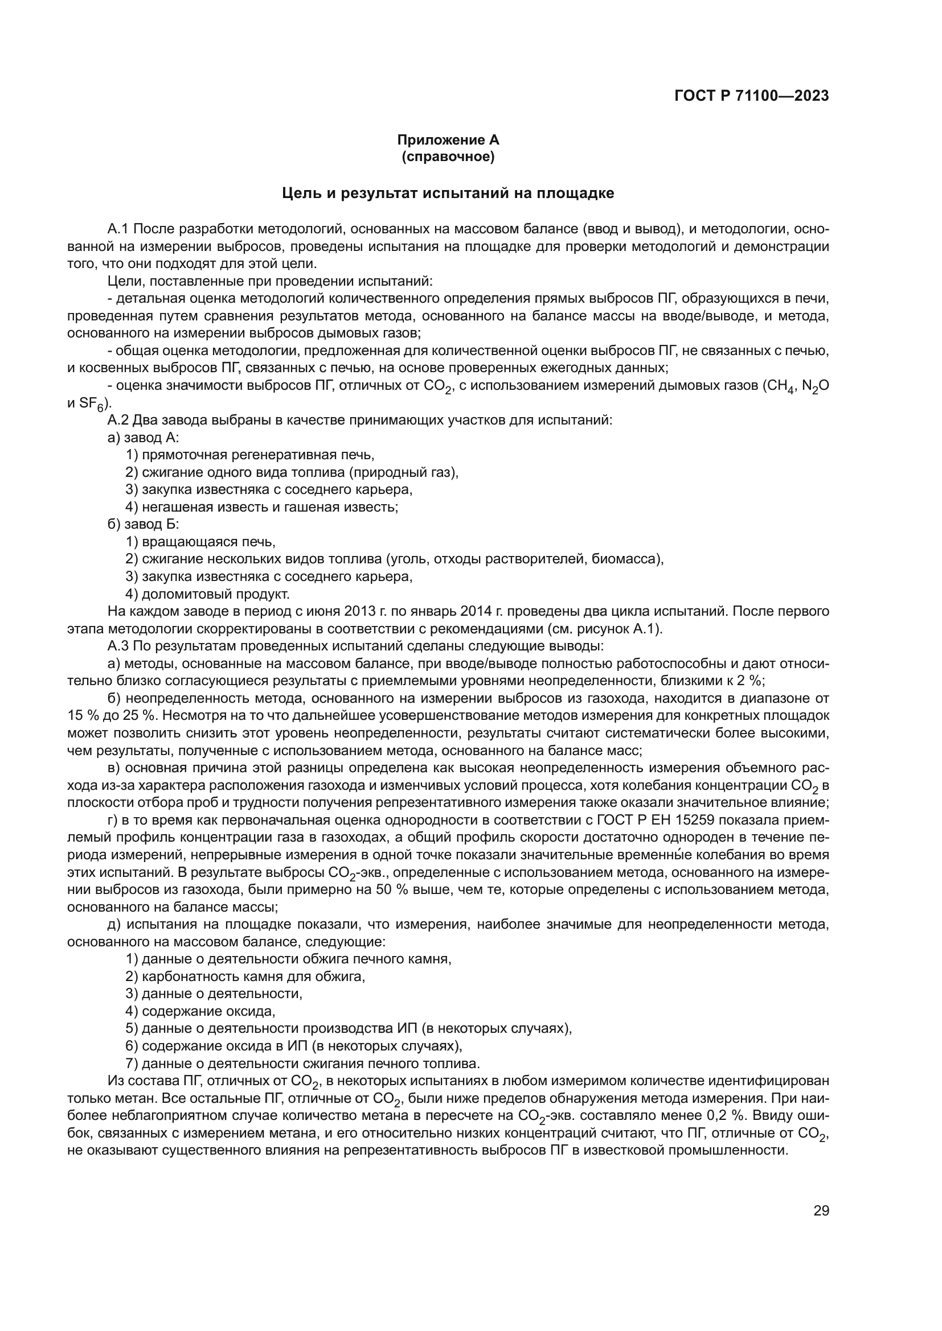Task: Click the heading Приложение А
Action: click(448, 140)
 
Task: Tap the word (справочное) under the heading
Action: click(448, 156)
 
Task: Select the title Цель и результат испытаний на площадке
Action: click(448, 193)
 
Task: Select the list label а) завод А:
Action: click(144, 438)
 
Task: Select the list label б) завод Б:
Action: click(144, 525)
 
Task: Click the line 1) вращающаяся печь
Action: click(200, 542)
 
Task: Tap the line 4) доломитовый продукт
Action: click(207, 594)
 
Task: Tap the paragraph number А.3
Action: click(119, 646)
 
